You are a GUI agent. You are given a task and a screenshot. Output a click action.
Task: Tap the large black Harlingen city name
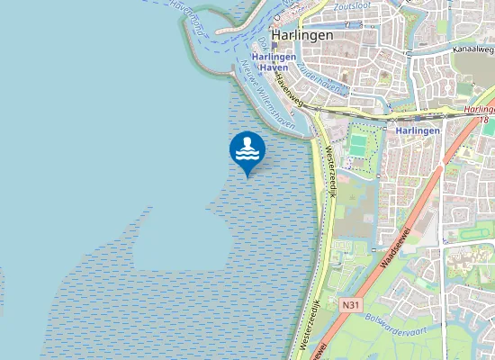(302, 35)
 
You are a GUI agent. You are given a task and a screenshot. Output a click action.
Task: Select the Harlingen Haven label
(274, 62)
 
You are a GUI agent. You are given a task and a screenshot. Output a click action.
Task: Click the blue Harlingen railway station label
(418, 130)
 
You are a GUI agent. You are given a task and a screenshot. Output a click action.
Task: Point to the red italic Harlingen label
(479, 109)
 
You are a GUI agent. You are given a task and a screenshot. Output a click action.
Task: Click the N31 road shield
(352, 305)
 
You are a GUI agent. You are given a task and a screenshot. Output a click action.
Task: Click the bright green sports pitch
(360, 145)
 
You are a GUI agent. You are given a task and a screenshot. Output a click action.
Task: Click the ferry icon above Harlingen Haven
(274, 45)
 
